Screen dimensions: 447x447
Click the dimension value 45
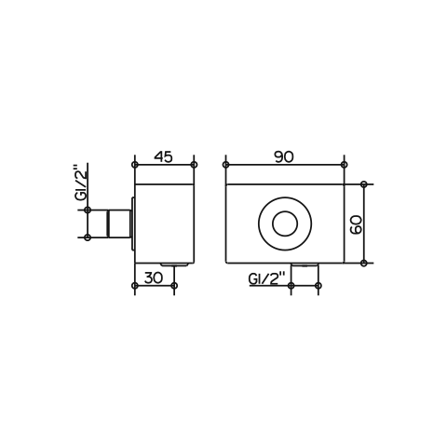(x=163, y=157)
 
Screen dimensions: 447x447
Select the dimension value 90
(x=284, y=157)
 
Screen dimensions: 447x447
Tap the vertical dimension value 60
(x=356, y=224)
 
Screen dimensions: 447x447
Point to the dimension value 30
(x=154, y=278)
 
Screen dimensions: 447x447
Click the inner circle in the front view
(x=285, y=223)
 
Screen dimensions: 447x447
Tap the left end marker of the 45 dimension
(x=135, y=165)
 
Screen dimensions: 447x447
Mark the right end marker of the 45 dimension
(x=194, y=165)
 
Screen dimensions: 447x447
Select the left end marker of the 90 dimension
(x=226, y=165)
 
